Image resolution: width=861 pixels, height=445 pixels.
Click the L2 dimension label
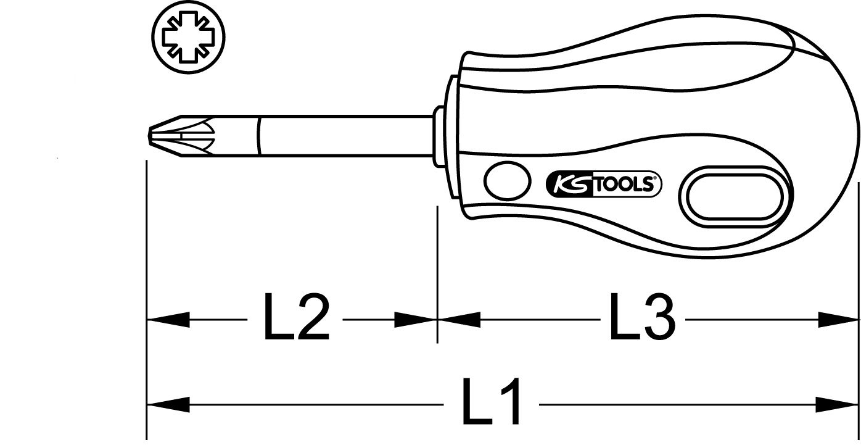coord(296,317)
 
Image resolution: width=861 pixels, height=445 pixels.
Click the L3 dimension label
coord(642,317)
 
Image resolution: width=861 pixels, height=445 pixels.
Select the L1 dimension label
coord(492,401)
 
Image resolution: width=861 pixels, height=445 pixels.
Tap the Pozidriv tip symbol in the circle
coord(188,37)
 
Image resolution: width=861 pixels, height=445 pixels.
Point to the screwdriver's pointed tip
coord(149,135)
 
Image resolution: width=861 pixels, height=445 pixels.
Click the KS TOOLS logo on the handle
coord(603,184)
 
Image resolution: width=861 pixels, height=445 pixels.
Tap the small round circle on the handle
coord(507,181)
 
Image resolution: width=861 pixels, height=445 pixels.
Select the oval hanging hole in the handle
coord(735,198)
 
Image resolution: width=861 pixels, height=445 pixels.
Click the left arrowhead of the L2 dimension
coord(168,320)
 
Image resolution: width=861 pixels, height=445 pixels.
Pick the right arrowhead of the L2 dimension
coord(416,320)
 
